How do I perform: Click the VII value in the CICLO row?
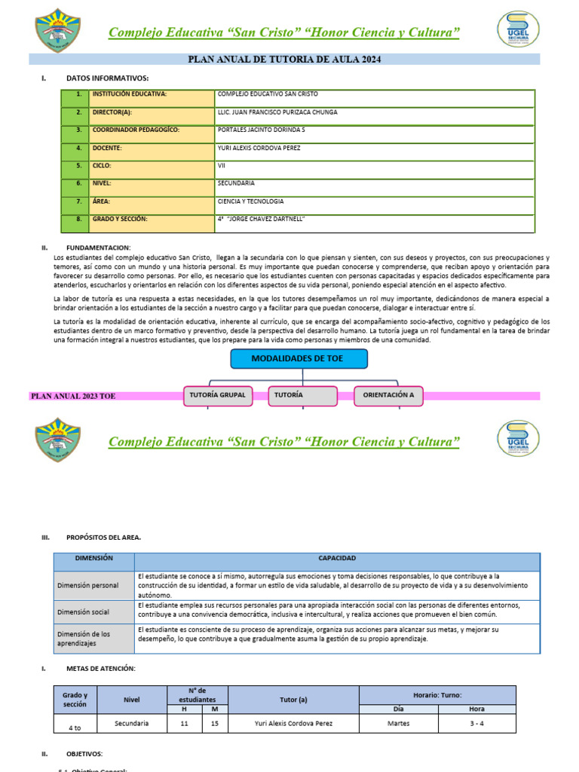click(221, 165)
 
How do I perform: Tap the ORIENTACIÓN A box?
click(388, 395)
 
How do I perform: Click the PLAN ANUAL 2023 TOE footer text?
click(73, 396)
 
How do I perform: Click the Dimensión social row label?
click(84, 612)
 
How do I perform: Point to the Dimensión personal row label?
click(87, 585)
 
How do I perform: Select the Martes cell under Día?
click(398, 723)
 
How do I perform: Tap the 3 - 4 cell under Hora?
click(476, 723)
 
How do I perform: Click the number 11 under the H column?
click(185, 723)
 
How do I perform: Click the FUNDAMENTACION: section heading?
click(98, 247)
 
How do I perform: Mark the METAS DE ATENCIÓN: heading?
click(101, 669)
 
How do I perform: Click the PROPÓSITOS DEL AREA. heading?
click(103, 538)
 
